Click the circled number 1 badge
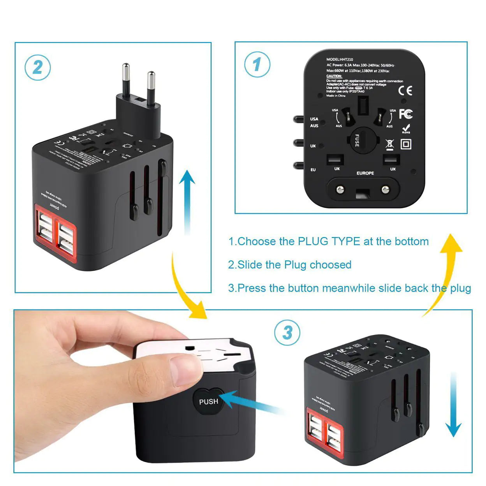point(257,65)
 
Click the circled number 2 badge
point(38,68)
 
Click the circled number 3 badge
point(287,333)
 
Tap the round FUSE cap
point(362,140)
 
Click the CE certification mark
point(405,91)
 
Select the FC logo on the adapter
point(405,114)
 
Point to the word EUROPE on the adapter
point(365,173)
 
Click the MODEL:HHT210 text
point(340,60)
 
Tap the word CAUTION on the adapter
point(334,76)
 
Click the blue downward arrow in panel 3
point(453,405)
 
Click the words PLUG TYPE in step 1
point(329,241)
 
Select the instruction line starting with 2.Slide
point(289,265)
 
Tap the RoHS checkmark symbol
point(406,129)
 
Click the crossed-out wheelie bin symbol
point(389,144)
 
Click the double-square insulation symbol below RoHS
point(406,144)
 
